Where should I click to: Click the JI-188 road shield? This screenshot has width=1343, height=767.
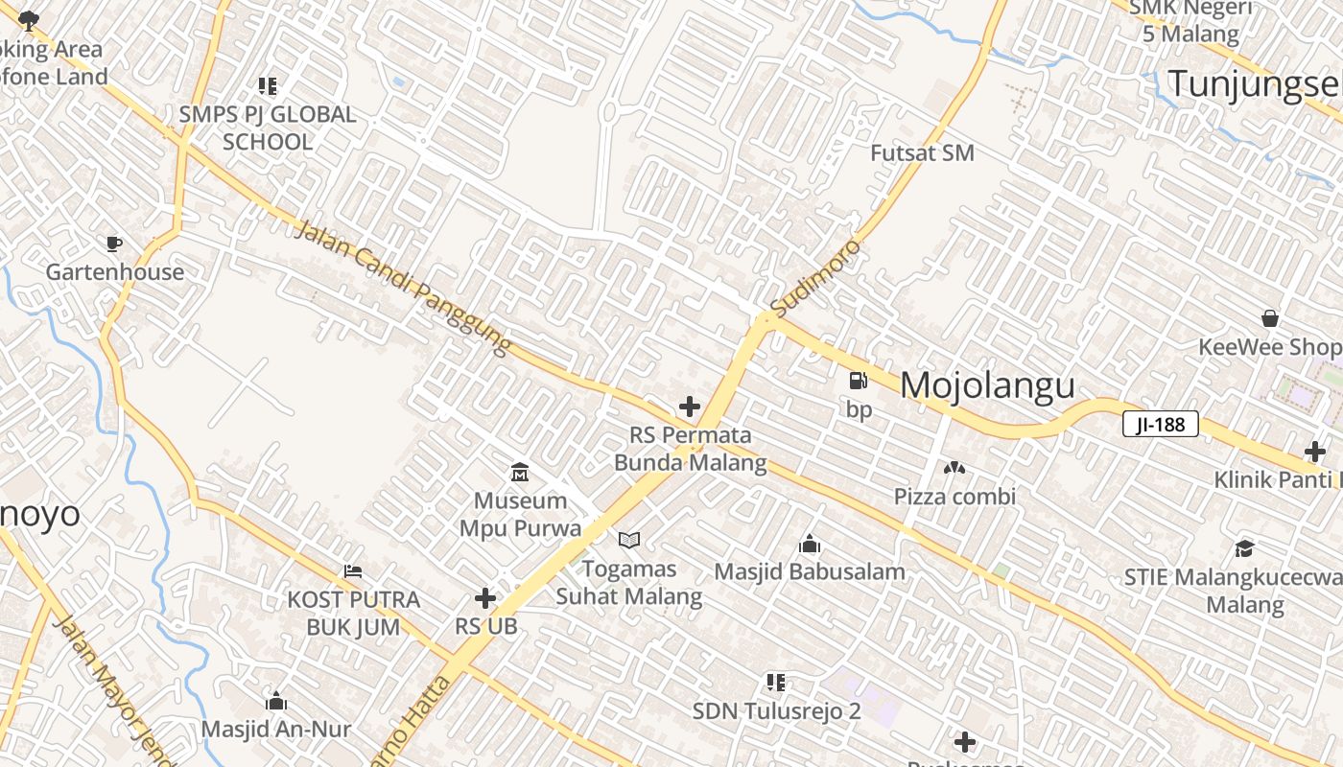[x=1161, y=424]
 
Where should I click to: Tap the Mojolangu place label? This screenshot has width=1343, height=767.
[x=987, y=385]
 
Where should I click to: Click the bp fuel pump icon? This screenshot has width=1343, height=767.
[x=858, y=381]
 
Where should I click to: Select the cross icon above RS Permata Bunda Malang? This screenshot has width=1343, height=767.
[x=689, y=407]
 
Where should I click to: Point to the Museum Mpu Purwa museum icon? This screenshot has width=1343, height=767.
[x=520, y=472]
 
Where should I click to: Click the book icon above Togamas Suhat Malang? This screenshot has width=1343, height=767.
[x=628, y=541]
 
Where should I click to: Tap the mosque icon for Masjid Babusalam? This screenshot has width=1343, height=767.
[x=809, y=544]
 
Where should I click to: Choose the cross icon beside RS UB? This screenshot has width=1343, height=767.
[x=485, y=598]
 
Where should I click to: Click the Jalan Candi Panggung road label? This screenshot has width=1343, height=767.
[x=404, y=288]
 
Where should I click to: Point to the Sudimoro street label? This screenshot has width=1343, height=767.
[x=816, y=279]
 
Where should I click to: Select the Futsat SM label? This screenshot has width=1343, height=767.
[x=922, y=152]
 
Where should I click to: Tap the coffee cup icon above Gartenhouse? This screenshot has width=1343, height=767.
[x=114, y=244]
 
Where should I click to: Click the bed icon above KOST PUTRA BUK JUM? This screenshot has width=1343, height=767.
[x=353, y=571]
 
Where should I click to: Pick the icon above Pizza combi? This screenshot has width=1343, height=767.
[x=954, y=468]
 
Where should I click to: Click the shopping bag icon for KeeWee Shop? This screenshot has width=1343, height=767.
[x=1270, y=318]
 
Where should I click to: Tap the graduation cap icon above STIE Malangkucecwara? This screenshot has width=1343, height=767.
[x=1244, y=548]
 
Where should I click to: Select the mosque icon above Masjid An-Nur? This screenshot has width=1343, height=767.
[x=276, y=701]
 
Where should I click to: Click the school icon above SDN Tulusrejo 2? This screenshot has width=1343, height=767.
[x=776, y=683]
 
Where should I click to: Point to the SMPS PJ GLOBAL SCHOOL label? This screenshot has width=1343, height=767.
[x=268, y=128]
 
